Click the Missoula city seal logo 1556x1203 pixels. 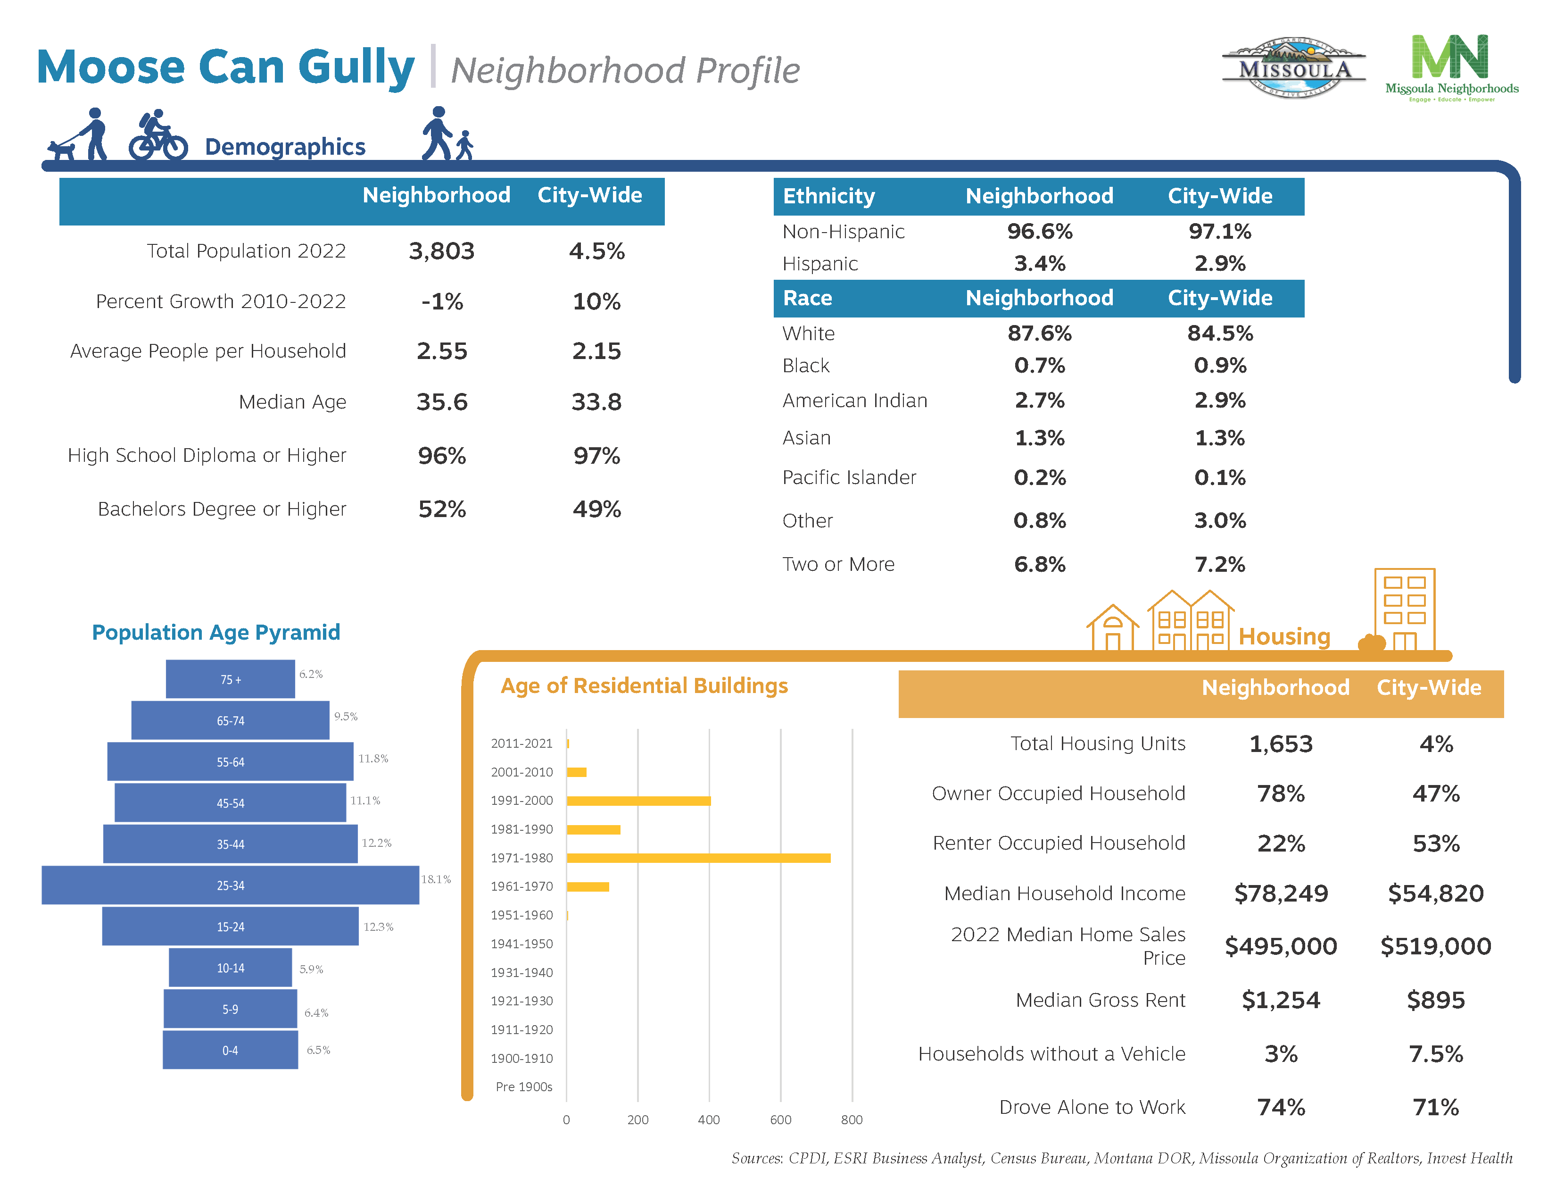click(x=1293, y=68)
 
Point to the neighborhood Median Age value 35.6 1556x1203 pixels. click(x=442, y=402)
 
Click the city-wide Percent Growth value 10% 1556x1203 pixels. click(x=596, y=301)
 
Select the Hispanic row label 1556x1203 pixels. click(x=820, y=264)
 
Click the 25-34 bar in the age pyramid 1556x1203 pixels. click(x=230, y=885)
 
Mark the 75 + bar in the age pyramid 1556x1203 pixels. click(x=230, y=679)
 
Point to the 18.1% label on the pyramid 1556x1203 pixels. click(x=436, y=879)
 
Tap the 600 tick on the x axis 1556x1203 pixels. click(x=780, y=1119)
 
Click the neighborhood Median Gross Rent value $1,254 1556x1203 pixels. click(x=1280, y=1000)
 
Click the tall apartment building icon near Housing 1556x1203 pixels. click(x=1404, y=610)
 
